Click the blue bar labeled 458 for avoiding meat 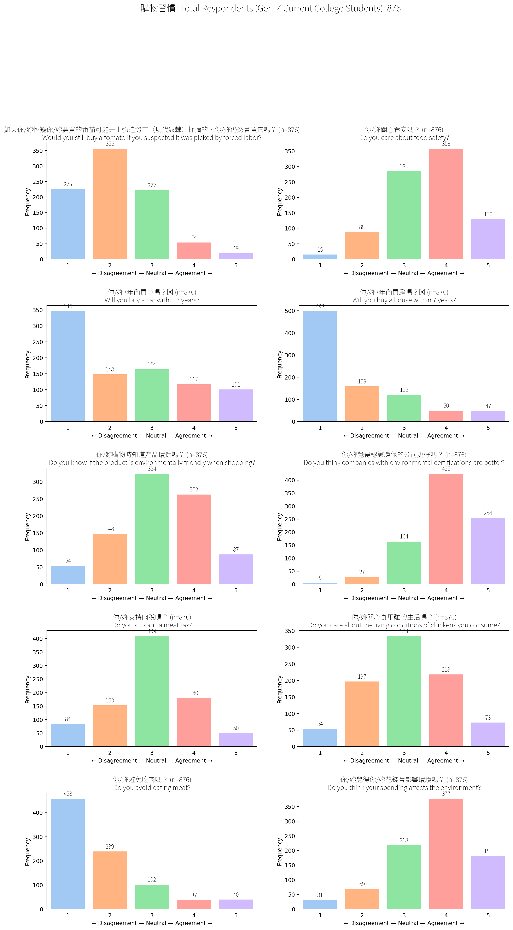[x=68, y=854]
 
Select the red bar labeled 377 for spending [x=446, y=854]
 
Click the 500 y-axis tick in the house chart [x=290, y=311]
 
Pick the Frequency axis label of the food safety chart [x=280, y=202]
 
